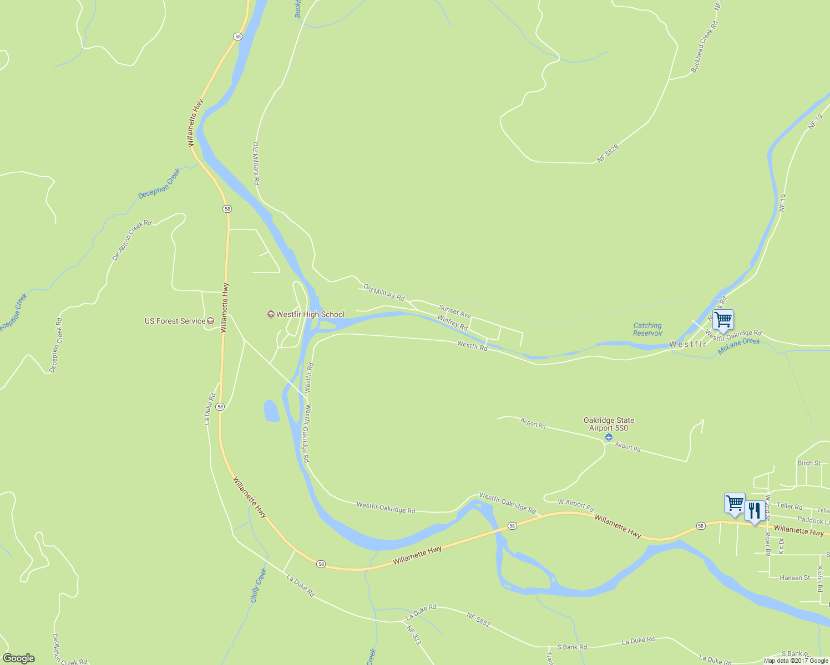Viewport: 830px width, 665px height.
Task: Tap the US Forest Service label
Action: click(175, 321)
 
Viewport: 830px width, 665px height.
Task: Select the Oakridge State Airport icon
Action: click(609, 438)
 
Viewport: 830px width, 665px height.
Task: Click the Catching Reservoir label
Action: click(647, 329)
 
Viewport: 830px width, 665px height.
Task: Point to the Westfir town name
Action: click(687, 344)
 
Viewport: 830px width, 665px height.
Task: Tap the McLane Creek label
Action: click(739, 346)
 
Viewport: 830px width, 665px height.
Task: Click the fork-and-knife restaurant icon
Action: click(753, 510)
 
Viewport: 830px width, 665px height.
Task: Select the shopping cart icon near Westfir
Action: click(723, 320)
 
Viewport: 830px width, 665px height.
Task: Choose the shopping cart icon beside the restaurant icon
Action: click(735, 503)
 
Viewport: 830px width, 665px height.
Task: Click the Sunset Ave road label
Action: click(455, 311)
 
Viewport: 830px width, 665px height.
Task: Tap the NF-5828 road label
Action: click(608, 153)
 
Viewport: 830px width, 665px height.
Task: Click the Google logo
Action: click(18, 658)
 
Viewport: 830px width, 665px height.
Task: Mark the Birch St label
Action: click(808, 463)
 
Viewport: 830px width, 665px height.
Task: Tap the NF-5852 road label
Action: click(478, 620)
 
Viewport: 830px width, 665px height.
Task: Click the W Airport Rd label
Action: click(575, 505)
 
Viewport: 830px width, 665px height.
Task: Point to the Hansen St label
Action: click(794, 577)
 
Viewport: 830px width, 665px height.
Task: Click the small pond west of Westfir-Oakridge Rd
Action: click(271, 411)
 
